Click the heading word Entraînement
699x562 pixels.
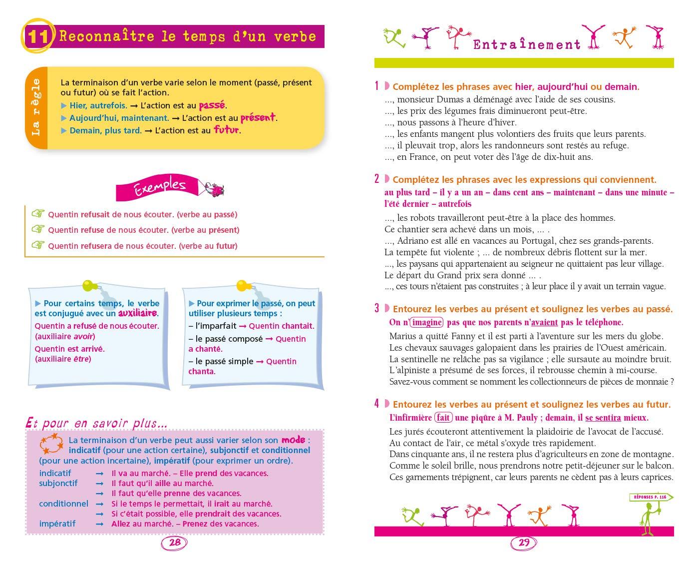(x=527, y=45)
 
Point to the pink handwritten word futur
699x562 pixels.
(x=227, y=130)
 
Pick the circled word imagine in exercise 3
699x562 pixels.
(x=427, y=323)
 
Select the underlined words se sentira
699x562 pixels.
(x=603, y=418)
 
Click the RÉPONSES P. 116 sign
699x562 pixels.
(x=650, y=497)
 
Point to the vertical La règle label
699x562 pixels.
(x=36, y=107)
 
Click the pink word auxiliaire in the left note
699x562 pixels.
(x=137, y=313)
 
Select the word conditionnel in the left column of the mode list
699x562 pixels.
(x=63, y=504)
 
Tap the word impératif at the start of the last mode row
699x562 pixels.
(x=57, y=524)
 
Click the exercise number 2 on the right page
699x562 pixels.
(x=377, y=179)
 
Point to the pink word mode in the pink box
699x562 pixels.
(x=293, y=440)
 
